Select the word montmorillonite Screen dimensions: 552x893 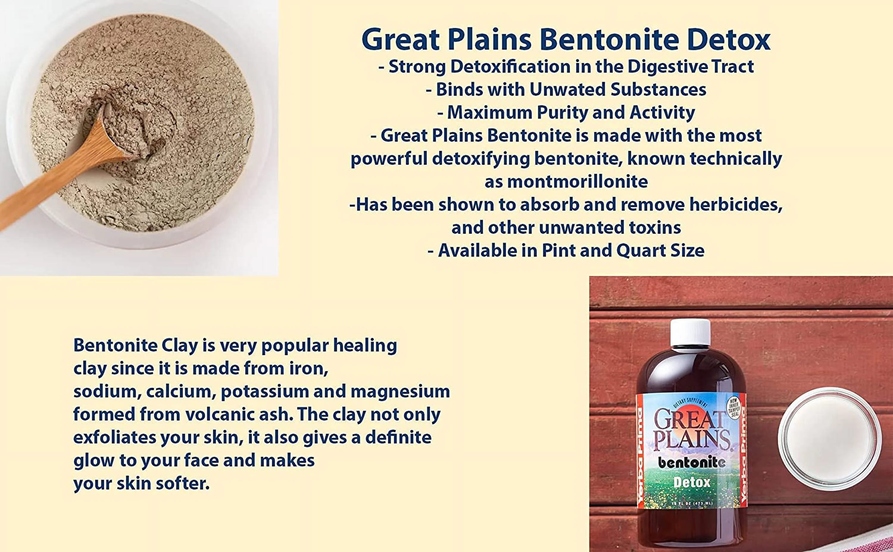coord(577,181)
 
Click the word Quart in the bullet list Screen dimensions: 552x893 coord(641,250)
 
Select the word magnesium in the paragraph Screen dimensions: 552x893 coord(400,391)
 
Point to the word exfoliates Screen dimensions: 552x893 coord(114,437)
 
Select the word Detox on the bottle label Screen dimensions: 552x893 coord(692,483)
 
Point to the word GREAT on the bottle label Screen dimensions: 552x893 coord(688,420)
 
